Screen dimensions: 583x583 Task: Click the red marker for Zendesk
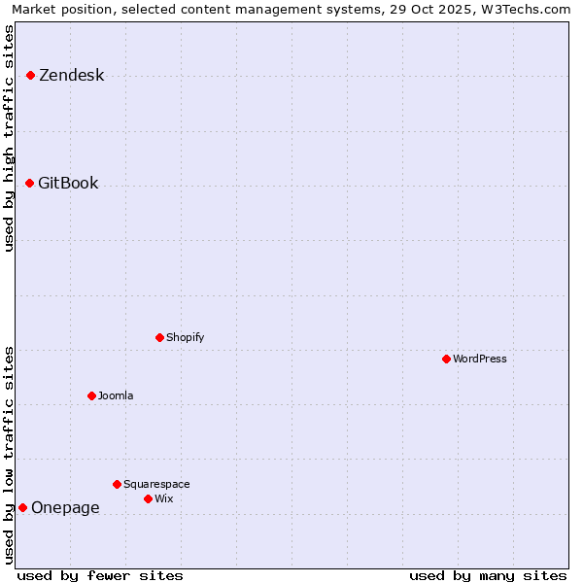coord(30,75)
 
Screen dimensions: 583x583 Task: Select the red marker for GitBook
coord(29,183)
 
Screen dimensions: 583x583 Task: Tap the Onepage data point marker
coord(22,507)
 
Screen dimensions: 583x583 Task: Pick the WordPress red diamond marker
coord(446,359)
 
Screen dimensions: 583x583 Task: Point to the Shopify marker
coord(159,337)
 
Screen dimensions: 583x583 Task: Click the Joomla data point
coord(91,395)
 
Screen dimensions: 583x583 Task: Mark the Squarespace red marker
coord(117,484)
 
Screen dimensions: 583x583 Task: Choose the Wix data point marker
coord(148,498)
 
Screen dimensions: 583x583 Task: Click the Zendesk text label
coord(71,75)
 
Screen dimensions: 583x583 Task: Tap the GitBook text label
coord(68,183)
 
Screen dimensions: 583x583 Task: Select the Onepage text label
coord(65,507)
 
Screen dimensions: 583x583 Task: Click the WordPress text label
coord(480,359)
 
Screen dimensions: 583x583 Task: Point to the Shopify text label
coord(185,337)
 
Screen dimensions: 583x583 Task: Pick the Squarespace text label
coord(156,484)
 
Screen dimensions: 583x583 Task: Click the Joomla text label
coord(116,395)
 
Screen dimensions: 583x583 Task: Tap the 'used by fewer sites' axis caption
coord(100,575)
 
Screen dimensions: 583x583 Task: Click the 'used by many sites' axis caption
coord(488,575)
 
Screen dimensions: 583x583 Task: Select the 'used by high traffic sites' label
coord(10,138)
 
